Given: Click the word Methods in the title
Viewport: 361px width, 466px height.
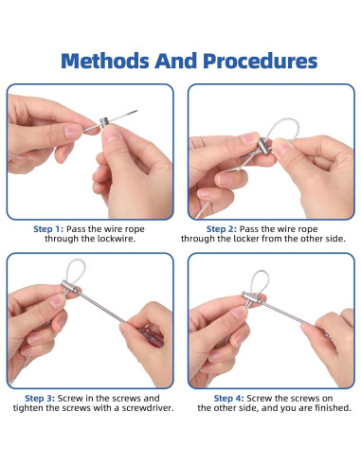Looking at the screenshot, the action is point(105,61).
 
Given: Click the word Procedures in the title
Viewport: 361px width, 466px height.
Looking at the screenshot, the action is point(260,61).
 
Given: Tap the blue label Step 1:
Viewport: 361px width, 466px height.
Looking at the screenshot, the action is point(48,229).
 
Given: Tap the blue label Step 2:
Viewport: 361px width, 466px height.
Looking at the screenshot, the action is point(221,229).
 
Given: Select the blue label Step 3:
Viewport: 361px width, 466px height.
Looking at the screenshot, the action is point(40,398).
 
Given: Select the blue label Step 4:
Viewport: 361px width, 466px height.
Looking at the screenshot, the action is point(228,398).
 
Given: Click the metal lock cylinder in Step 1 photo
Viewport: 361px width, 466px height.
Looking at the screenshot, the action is point(104,122).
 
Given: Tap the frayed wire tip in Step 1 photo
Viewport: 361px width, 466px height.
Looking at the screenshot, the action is point(135,112).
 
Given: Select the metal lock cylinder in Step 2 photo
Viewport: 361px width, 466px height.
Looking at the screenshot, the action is point(264,147).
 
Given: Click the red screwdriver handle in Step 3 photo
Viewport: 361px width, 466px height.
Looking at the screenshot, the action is point(152,337).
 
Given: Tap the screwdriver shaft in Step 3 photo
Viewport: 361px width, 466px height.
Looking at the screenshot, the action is point(101,308).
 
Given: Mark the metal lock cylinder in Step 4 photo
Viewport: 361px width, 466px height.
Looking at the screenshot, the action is point(252,297).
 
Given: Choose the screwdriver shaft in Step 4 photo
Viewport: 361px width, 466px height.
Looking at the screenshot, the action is point(282,313).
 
